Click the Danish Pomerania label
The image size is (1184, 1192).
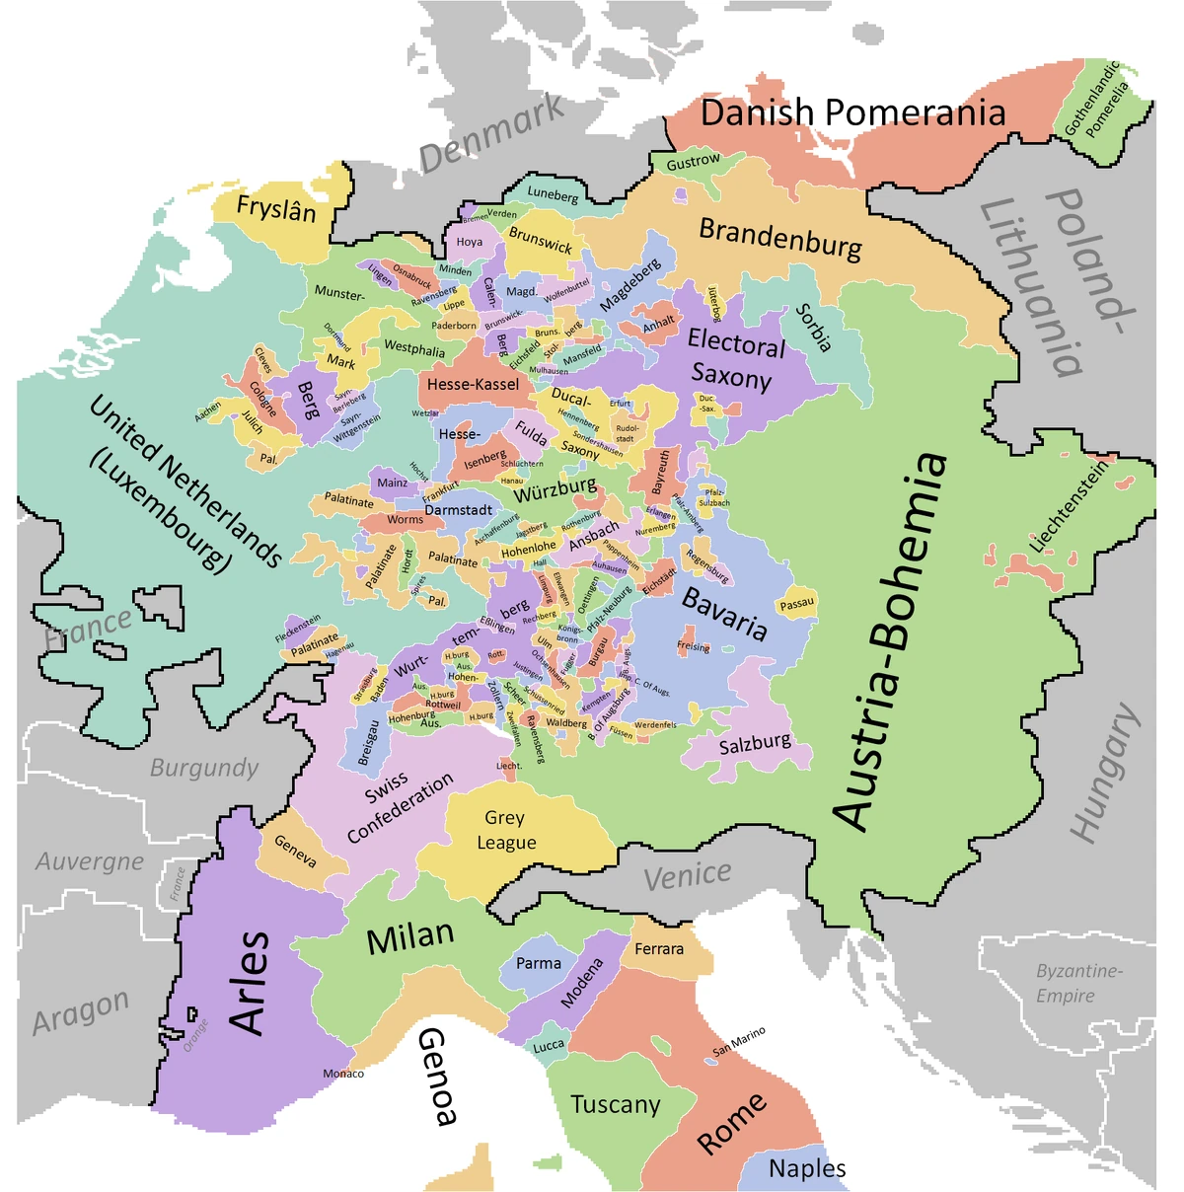(852, 113)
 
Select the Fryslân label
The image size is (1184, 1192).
(276, 210)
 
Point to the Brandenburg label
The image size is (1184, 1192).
(779, 238)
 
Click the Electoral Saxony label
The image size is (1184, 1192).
(734, 359)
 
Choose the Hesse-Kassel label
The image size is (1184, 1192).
(473, 384)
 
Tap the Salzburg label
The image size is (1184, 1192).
(755, 744)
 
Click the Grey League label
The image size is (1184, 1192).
(505, 830)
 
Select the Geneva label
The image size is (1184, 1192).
(295, 852)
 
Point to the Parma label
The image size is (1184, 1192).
(539, 963)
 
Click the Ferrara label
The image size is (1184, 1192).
(659, 949)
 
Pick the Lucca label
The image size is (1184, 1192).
(549, 1045)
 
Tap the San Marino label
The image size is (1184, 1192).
(739, 1041)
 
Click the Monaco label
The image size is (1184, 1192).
(343, 1074)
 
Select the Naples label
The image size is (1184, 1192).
(807, 1169)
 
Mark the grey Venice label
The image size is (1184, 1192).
(688, 875)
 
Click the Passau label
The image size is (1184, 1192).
(797, 604)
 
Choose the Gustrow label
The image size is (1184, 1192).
(694, 162)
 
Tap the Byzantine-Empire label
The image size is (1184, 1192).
(1078, 983)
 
